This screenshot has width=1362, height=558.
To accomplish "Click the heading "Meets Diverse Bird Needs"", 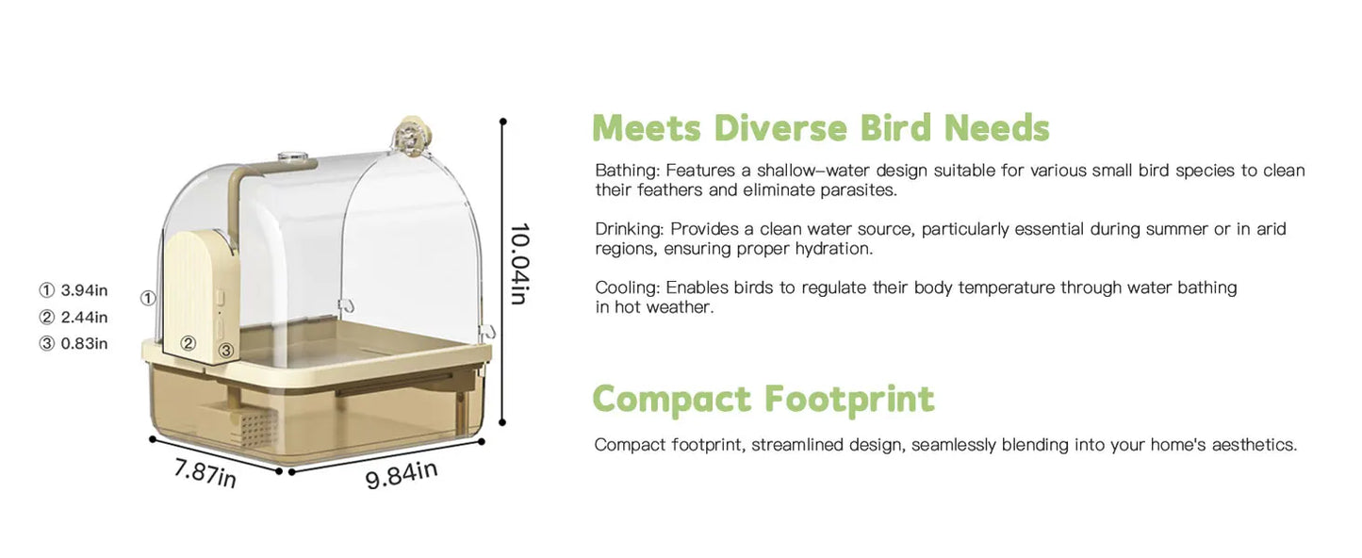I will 820,128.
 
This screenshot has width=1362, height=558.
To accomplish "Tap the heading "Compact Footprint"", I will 763,399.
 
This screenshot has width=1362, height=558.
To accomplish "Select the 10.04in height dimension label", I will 518,264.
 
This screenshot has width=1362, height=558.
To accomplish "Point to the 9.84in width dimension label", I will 402,474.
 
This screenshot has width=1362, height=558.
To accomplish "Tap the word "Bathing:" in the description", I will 627,171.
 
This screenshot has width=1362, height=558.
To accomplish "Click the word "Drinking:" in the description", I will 630,229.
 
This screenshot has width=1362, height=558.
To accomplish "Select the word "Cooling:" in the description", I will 626,287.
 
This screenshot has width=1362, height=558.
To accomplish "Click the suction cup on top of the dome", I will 412,131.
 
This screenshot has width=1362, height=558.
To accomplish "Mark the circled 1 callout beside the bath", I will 148,298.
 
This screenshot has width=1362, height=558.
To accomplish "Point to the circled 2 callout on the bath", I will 189,344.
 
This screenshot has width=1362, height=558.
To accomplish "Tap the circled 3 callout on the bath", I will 226,351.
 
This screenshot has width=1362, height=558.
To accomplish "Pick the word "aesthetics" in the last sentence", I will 1255,445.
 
